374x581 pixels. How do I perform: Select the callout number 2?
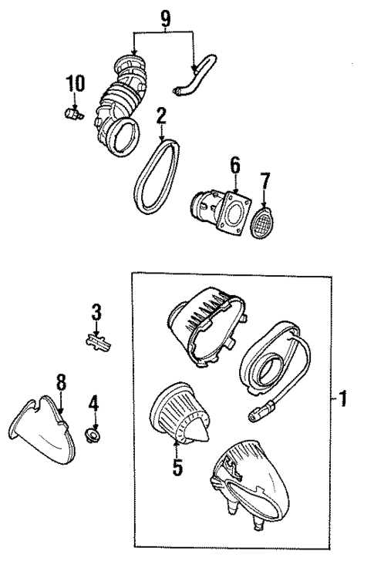[160, 116]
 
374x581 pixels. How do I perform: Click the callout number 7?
[265, 182]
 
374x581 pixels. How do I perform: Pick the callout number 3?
[96, 312]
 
